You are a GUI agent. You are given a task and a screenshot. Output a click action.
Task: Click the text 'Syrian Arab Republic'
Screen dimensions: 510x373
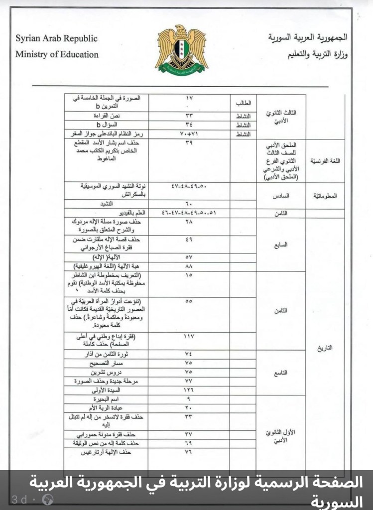click(x=56, y=39)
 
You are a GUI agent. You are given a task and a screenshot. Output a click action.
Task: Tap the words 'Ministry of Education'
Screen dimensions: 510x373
click(x=57, y=54)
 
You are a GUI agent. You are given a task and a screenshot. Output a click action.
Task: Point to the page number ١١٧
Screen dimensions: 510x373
click(x=189, y=337)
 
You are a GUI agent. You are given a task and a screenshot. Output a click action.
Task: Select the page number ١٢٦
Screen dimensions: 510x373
click(x=189, y=390)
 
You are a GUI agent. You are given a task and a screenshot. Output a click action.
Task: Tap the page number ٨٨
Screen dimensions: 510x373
click(x=189, y=265)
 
